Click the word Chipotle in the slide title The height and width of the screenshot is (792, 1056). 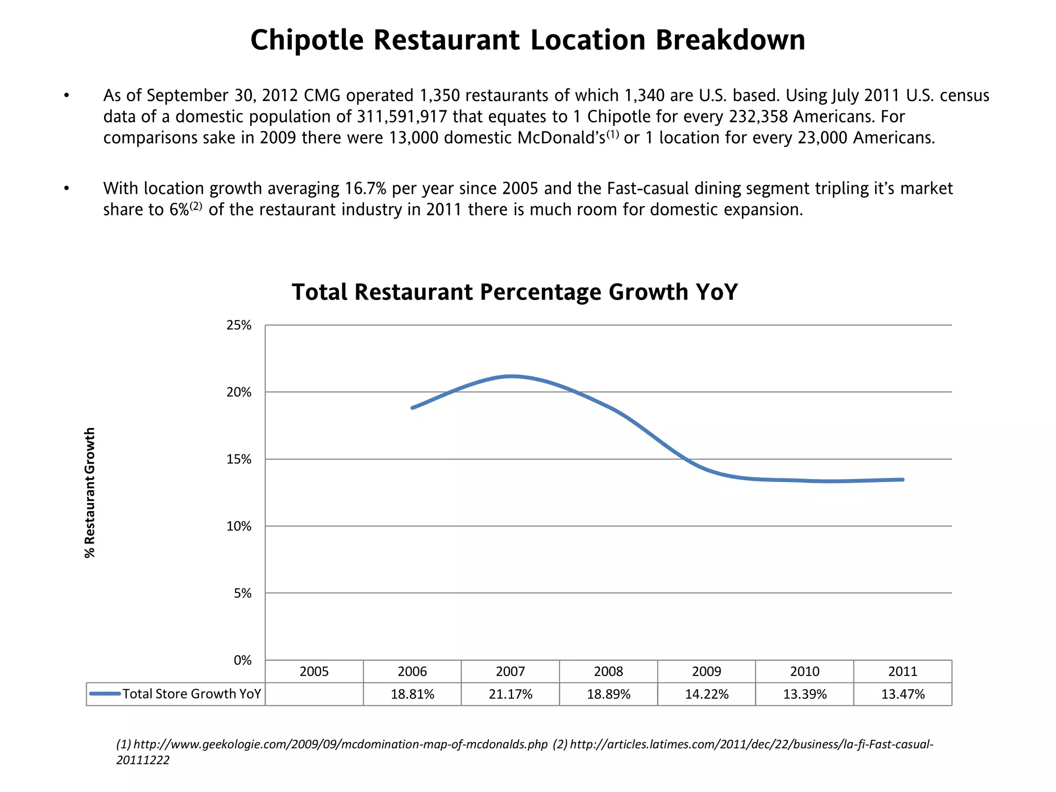click(307, 40)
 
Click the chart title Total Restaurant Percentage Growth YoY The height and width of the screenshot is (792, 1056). click(515, 292)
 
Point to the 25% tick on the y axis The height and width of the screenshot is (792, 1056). click(239, 325)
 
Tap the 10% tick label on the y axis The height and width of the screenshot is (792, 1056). click(239, 526)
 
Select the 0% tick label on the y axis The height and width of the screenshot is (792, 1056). click(242, 661)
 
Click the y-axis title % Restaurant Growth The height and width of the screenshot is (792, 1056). click(90, 492)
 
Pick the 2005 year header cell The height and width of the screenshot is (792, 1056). click(314, 671)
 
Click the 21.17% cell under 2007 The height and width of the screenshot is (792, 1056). click(510, 694)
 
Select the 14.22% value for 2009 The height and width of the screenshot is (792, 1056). click(706, 694)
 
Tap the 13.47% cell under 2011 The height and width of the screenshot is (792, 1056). click(902, 694)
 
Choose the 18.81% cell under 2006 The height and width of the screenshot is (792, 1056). click(412, 694)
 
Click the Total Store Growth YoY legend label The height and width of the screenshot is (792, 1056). click(191, 694)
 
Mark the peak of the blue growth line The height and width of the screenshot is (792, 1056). click(510, 376)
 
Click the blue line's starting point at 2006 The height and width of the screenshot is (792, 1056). click(412, 408)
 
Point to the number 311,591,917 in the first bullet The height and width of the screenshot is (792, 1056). click(402, 117)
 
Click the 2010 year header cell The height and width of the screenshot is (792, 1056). click(804, 671)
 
